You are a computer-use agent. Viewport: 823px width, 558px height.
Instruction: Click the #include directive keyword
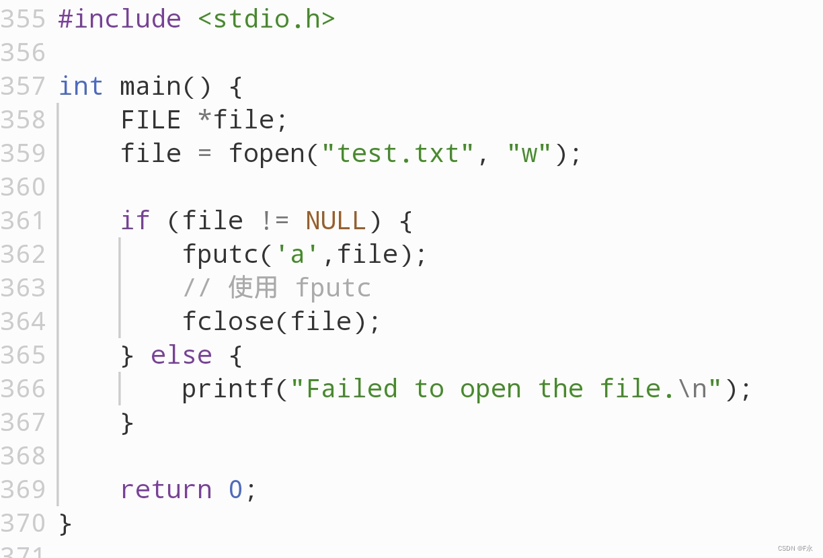click(120, 19)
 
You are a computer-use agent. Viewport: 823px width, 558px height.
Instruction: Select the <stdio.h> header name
click(266, 19)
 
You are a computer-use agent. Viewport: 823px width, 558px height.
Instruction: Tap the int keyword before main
click(81, 86)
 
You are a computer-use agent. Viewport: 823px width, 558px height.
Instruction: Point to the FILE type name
click(151, 120)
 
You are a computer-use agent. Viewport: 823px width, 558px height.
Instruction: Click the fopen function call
click(266, 153)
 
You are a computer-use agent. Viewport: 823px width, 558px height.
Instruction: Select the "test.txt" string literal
click(398, 153)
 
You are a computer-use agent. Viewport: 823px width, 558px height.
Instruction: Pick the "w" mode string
click(529, 153)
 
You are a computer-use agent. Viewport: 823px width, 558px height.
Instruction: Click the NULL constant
click(336, 221)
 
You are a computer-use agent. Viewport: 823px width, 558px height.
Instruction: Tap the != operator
click(274, 221)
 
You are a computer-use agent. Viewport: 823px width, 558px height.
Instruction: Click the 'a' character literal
click(297, 254)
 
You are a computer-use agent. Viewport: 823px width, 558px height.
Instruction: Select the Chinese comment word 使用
click(253, 288)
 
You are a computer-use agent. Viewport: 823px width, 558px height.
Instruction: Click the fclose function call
click(228, 321)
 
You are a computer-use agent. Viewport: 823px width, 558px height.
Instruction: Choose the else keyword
click(181, 355)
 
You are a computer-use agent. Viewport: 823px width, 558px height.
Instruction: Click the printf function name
click(227, 389)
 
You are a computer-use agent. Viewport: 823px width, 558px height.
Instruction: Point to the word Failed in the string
click(352, 389)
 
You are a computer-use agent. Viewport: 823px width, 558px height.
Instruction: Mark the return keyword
click(165, 489)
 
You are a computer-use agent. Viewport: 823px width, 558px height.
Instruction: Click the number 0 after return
click(235, 489)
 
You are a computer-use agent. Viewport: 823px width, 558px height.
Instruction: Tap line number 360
click(23, 187)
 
